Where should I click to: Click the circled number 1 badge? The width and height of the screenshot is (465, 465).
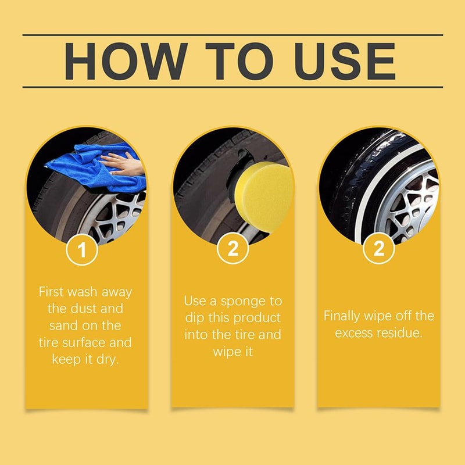click(x=82, y=250)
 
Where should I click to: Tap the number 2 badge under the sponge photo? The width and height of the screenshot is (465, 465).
click(x=233, y=250)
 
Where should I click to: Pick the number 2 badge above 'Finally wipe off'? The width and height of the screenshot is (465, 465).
click(x=379, y=250)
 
